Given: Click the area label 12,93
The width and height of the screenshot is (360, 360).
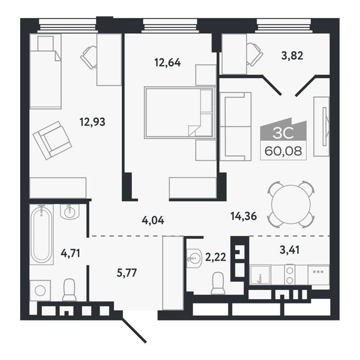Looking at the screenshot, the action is pyautogui.click(x=92, y=122).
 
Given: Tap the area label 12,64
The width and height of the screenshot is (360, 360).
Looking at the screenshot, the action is pyautogui.click(x=168, y=62).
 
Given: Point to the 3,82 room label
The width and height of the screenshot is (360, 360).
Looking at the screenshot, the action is pyautogui.click(x=292, y=56).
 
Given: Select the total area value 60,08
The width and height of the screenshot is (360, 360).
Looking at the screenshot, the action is pyautogui.click(x=283, y=151).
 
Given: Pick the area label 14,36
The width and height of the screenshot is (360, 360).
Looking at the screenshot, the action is pyautogui.click(x=244, y=216).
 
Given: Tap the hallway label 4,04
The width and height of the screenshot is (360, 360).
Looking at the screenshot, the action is pyautogui.click(x=153, y=221).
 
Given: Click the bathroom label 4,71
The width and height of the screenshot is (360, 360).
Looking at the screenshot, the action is pyautogui.click(x=70, y=253).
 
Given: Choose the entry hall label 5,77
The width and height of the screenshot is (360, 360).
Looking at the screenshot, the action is pyautogui.click(x=127, y=273).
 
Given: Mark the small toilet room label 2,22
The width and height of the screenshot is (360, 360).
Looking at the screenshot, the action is pyautogui.click(x=215, y=257).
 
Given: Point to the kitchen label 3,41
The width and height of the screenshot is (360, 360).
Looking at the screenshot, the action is pyautogui.click(x=290, y=250).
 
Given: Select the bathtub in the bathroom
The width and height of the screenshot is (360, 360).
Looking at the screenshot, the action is pyautogui.click(x=41, y=235).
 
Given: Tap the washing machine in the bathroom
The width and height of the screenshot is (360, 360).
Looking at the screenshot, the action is pyautogui.click(x=40, y=291).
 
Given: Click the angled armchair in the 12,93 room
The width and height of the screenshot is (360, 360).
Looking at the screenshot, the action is pyautogui.click(x=52, y=140).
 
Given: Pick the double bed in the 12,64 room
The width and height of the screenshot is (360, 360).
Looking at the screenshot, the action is pyautogui.click(x=180, y=113).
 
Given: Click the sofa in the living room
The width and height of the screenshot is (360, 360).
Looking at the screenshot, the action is pyautogui.click(x=236, y=127).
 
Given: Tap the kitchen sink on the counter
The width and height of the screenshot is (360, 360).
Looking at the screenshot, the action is pyautogui.click(x=260, y=275).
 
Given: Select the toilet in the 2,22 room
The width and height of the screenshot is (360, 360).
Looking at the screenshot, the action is pyautogui.click(x=218, y=283).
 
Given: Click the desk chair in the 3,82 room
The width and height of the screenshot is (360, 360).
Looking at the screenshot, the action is pyautogui.click(x=255, y=55).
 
